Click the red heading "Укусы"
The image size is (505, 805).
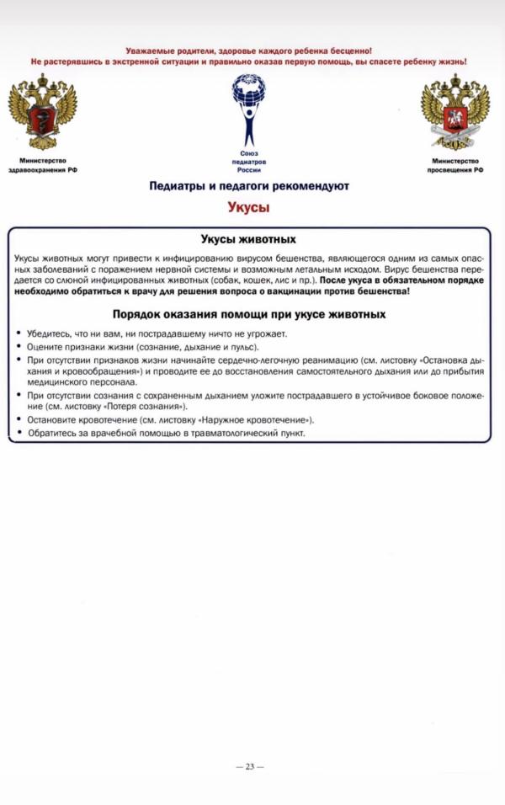tap(248, 205)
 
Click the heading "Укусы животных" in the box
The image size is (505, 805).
tap(248, 239)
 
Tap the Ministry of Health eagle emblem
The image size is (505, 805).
tap(42, 112)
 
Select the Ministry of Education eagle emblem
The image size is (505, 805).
tap(454, 112)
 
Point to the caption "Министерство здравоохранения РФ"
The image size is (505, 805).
tap(42, 165)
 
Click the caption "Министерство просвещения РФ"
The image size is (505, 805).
tap(454, 165)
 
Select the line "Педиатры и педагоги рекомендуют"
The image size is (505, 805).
tap(248, 185)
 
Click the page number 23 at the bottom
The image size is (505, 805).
tap(249, 766)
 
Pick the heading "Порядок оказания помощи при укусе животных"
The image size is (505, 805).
tap(248, 314)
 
